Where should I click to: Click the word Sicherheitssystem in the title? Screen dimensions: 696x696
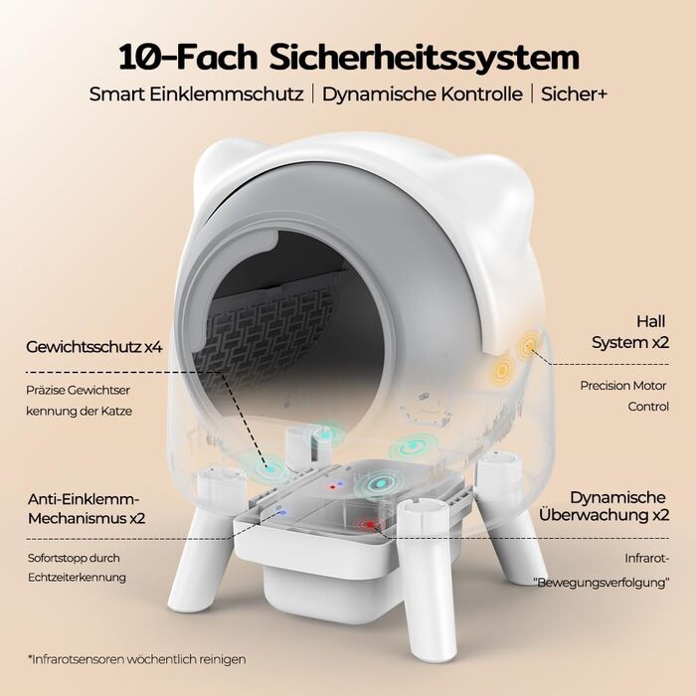(424, 57)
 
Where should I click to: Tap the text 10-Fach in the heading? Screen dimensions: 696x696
(188, 57)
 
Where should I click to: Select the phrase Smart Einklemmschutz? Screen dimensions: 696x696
(196, 94)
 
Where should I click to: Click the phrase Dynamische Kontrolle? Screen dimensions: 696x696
(423, 94)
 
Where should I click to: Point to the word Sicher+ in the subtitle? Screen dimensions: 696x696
(574, 94)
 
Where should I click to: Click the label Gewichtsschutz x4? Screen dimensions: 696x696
(94, 347)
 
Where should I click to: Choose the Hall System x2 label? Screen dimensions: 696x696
(630, 332)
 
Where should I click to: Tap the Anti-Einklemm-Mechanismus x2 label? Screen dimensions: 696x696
(87, 509)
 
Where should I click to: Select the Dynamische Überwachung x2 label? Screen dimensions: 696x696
(604, 506)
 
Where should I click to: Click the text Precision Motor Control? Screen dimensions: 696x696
(624, 396)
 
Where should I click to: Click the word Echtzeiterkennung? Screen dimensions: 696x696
(77, 578)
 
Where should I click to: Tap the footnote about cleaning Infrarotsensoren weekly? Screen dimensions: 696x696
(136, 659)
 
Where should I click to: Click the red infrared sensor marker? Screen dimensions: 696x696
(369, 525)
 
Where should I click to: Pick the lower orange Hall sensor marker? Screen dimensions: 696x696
(501, 369)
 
